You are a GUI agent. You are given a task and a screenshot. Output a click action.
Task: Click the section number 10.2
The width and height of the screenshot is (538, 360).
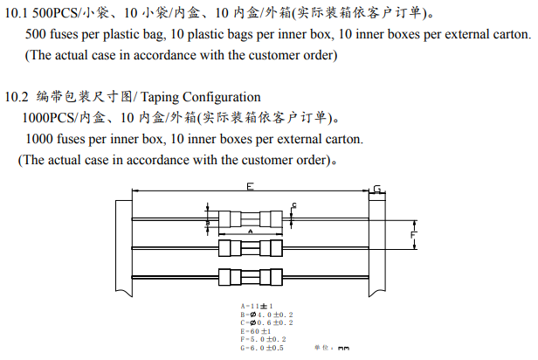[x=17, y=96]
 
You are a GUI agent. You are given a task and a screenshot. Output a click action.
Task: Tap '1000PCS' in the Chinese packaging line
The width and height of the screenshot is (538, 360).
[x=47, y=117]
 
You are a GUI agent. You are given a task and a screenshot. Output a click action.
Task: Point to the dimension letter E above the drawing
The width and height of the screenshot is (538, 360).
[x=250, y=188]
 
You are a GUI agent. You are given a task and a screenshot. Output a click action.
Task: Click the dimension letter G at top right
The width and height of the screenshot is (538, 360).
[x=376, y=190]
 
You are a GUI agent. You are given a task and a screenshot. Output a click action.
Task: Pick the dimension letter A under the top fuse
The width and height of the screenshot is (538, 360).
[x=251, y=232]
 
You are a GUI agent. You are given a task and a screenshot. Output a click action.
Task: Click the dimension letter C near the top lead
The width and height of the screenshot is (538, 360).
[x=294, y=204]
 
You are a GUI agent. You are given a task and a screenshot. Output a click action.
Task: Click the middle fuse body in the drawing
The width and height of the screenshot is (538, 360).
[x=250, y=248]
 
